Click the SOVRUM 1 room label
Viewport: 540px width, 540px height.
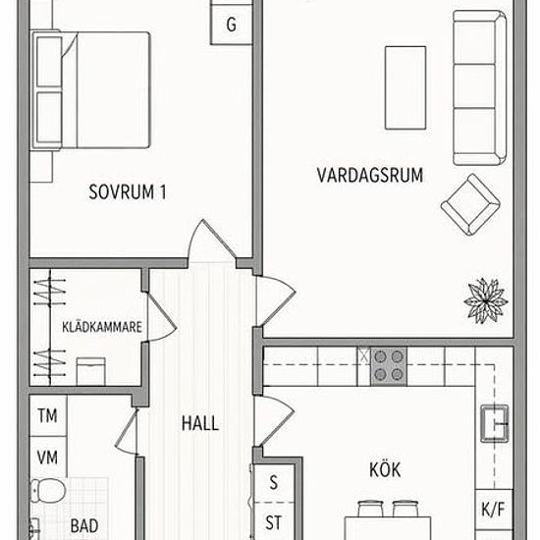tap(128, 191)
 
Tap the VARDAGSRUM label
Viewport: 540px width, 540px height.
tap(370, 175)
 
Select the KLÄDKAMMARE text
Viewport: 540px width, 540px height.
tap(102, 327)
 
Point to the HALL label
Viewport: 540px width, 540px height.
tap(200, 423)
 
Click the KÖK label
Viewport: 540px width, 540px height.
tap(385, 469)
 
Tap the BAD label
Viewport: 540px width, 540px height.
tap(84, 525)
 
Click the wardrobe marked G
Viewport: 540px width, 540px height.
tap(231, 25)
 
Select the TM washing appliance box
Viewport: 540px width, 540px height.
tap(48, 415)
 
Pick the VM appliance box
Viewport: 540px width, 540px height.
tap(48, 458)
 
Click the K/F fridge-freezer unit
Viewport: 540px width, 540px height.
tap(494, 509)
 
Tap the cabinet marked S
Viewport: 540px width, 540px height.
tap(274, 483)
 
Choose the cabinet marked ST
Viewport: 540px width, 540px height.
tap(274, 521)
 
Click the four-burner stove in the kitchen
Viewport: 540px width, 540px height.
tap(389, 366)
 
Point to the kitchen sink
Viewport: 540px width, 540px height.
tap(495, 423)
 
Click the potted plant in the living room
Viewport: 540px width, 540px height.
tap(486, 300)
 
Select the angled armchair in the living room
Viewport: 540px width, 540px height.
tap(470, 204)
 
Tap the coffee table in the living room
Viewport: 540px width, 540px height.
tap(405, 87)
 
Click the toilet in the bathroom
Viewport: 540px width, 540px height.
tap(48, 490)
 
